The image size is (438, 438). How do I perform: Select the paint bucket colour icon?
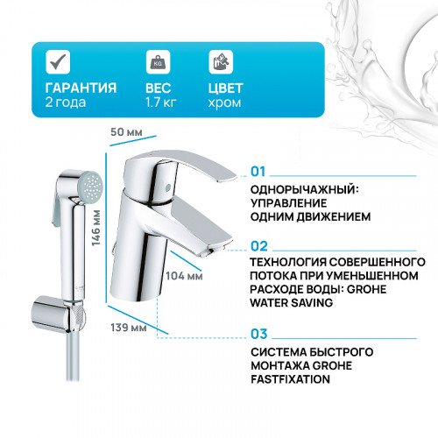220,62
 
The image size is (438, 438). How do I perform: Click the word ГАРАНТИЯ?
80,88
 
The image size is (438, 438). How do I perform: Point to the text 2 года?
63,103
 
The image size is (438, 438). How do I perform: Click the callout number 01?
258,171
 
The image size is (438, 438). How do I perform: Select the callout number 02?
258,247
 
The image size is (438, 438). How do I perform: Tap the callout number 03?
258,334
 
